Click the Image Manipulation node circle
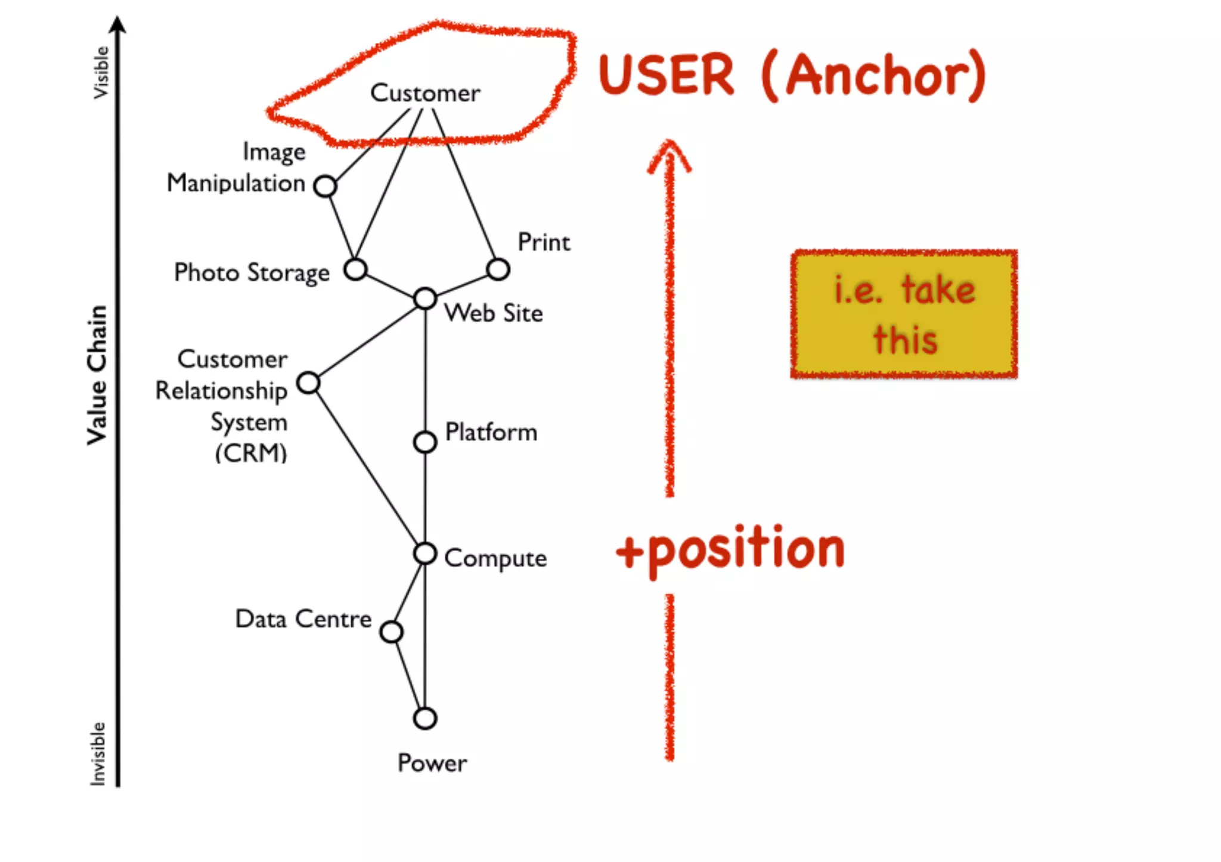325,186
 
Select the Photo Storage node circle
355,269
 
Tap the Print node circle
498,269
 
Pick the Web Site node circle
425,298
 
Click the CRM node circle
308,382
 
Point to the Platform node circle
425,442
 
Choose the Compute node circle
425,553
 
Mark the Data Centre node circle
391,631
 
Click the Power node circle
425,718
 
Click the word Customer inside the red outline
425,94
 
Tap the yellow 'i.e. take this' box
904,314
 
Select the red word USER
667,75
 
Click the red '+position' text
731,550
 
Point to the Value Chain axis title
97,375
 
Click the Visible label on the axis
101,73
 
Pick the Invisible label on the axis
98,754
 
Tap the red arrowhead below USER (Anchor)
670,155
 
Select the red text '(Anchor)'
874,76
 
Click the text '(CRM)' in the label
251,453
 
